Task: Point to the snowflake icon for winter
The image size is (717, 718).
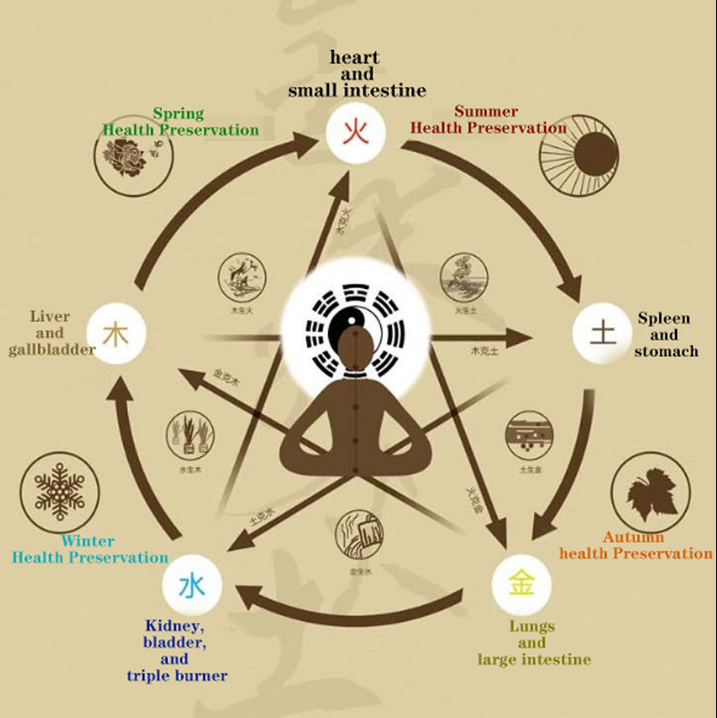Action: [x=60, y=491]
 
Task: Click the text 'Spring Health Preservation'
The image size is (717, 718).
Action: [x=180, y=122]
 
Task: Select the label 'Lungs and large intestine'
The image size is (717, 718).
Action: [x=533, y=643]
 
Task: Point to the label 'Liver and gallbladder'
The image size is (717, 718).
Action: [x=50, y=333]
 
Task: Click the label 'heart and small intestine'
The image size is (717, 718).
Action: [x=356, y=74]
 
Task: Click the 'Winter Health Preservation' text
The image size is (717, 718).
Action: [x=89, y=549]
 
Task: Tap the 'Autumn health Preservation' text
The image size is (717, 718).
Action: [x=635, y=545]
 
